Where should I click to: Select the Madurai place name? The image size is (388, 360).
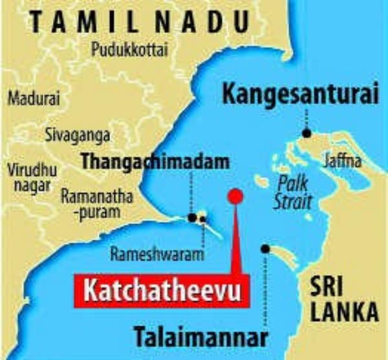(34, 99)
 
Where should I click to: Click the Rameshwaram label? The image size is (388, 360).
(157, 254)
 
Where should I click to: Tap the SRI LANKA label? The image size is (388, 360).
(342, 298)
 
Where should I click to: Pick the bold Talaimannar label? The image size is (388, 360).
(200, 337)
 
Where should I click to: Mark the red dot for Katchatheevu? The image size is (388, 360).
(236, 196)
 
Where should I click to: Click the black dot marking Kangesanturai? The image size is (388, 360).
(307, 133)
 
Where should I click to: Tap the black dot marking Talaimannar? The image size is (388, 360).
(265, 249)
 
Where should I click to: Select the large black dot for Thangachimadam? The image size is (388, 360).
(192, 218)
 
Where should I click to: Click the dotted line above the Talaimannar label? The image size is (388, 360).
(265, 291)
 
